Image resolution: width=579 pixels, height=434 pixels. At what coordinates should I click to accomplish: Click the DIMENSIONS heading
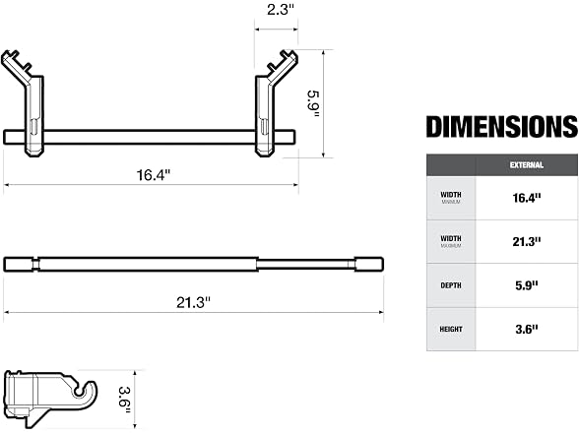click(502, 127)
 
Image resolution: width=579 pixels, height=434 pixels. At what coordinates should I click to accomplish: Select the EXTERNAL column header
click(527, 165)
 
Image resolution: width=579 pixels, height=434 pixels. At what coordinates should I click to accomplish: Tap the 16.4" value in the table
click(527, 198)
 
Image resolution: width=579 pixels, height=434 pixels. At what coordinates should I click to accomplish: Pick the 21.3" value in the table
click(527, 242)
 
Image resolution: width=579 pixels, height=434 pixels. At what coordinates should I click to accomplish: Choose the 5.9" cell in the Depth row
click(527, 285)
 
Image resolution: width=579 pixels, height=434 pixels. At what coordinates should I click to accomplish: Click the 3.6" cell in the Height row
click(527, 329)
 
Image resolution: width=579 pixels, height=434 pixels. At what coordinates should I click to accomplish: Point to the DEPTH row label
click(451, 285)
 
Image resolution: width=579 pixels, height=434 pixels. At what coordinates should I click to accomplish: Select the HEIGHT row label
click(451, 329)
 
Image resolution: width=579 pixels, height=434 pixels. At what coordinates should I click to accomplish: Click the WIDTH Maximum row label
click(451, 241)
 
